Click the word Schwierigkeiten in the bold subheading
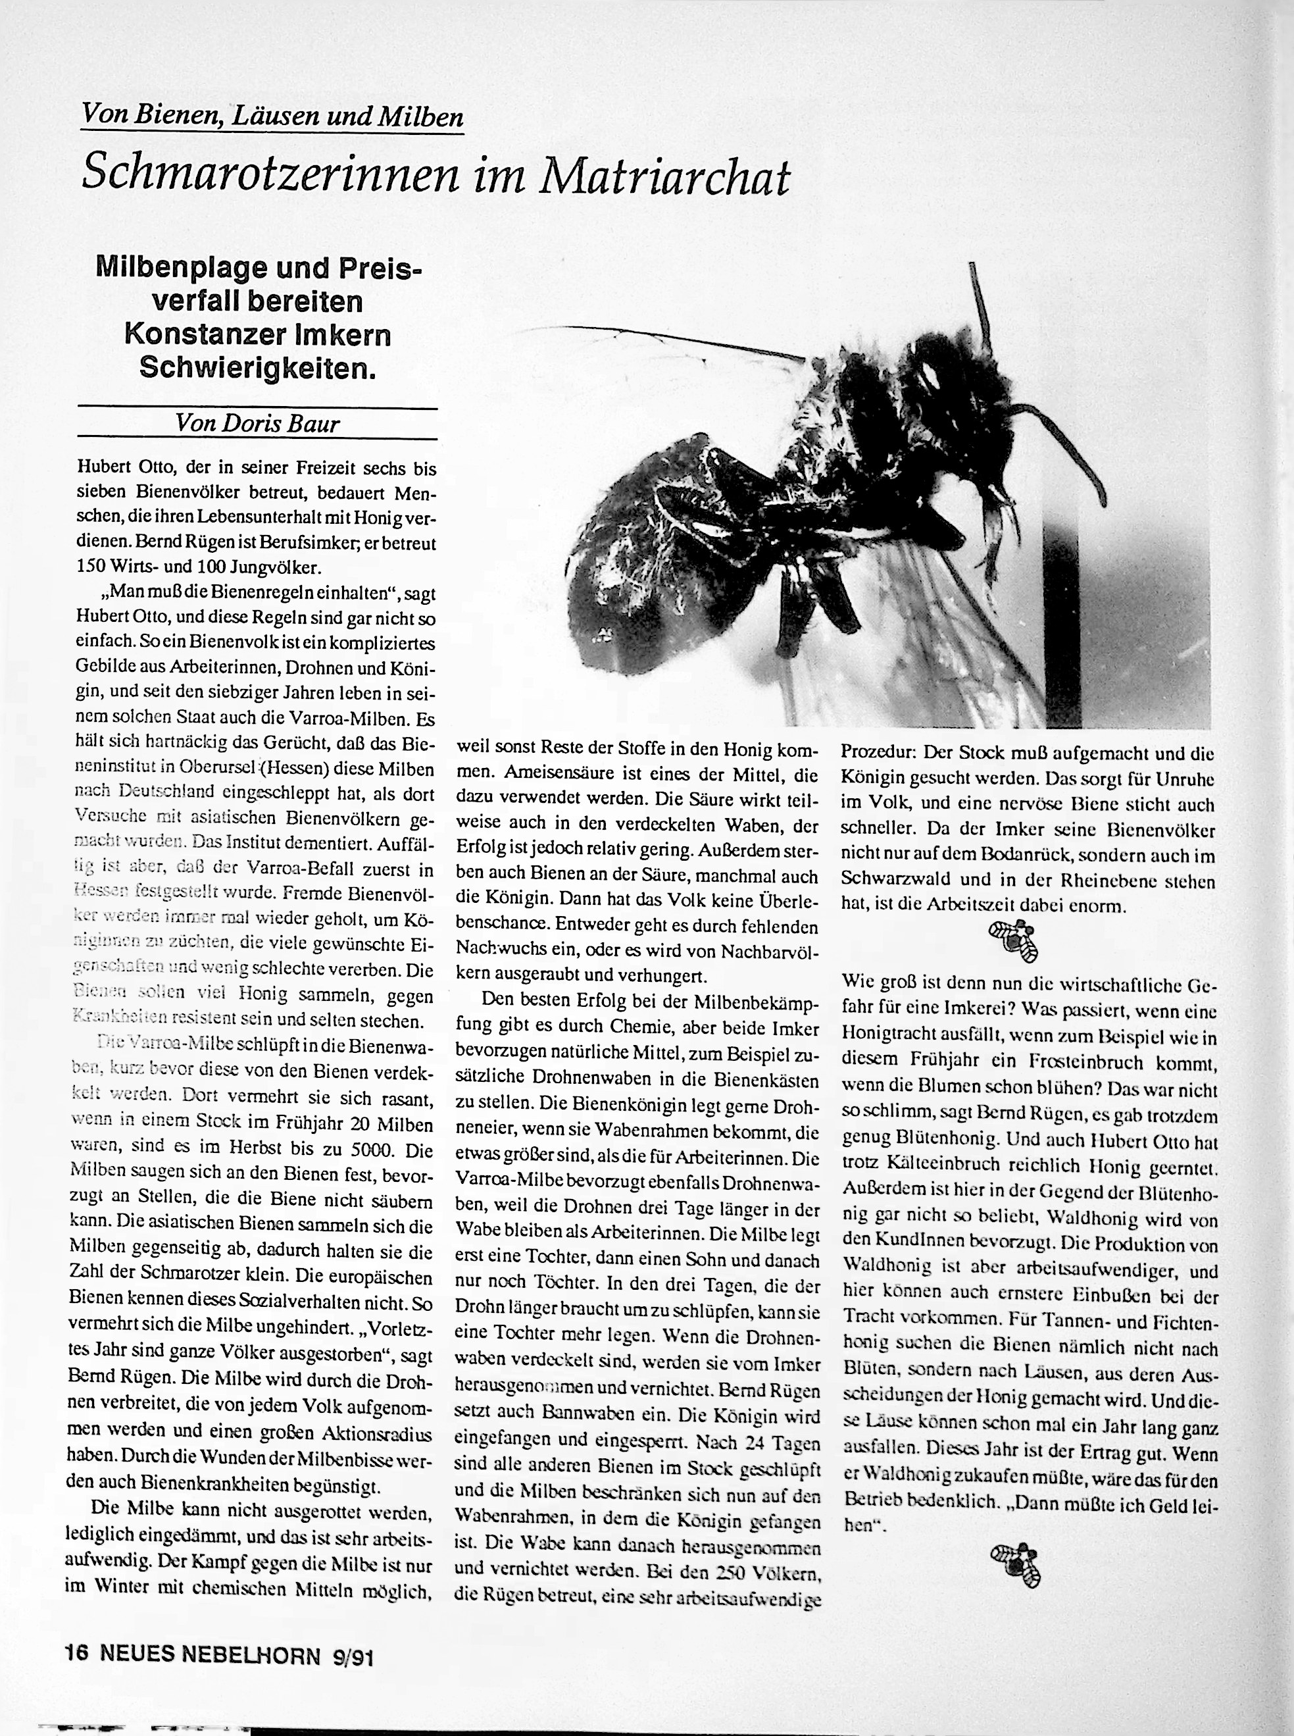point(258,367)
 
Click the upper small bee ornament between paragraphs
point(1014,938)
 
